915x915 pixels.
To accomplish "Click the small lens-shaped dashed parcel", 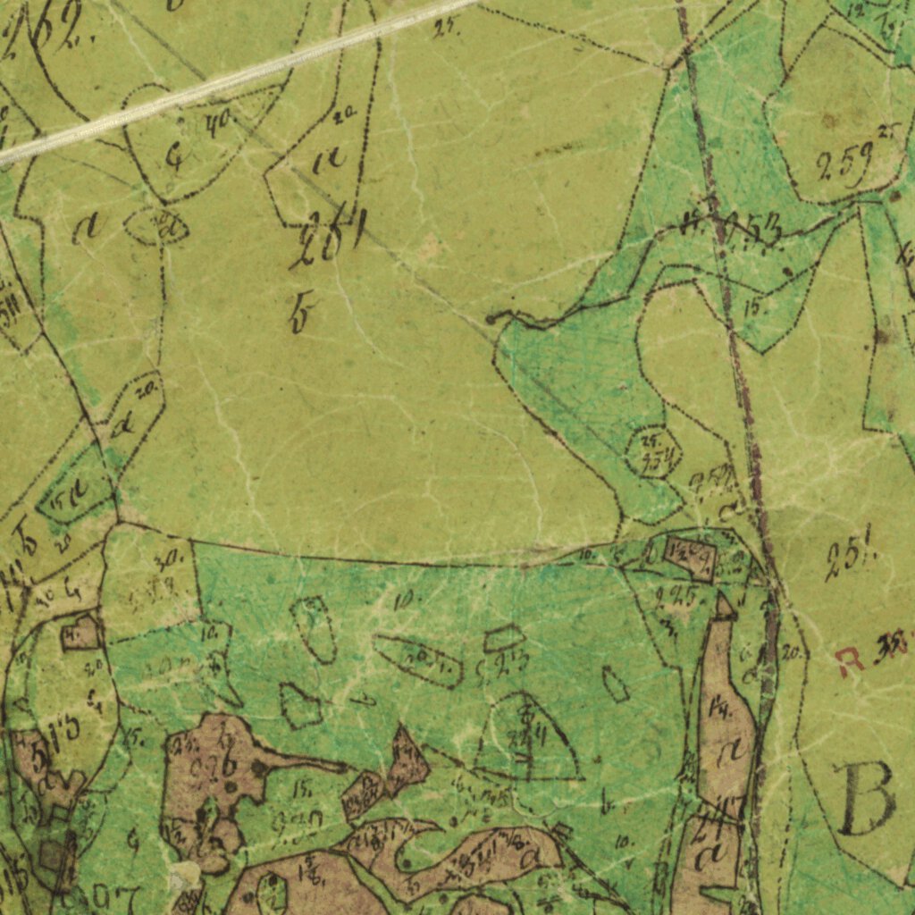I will pos(156,226).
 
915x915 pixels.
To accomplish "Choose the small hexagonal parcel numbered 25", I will pos(653,451).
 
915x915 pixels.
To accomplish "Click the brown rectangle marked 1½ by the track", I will pos(689,559).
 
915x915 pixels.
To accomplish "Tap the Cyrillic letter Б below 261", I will pos(299,315).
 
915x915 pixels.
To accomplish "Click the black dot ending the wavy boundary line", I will pos(491,318).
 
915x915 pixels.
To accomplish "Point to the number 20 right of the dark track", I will pos(790,653).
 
